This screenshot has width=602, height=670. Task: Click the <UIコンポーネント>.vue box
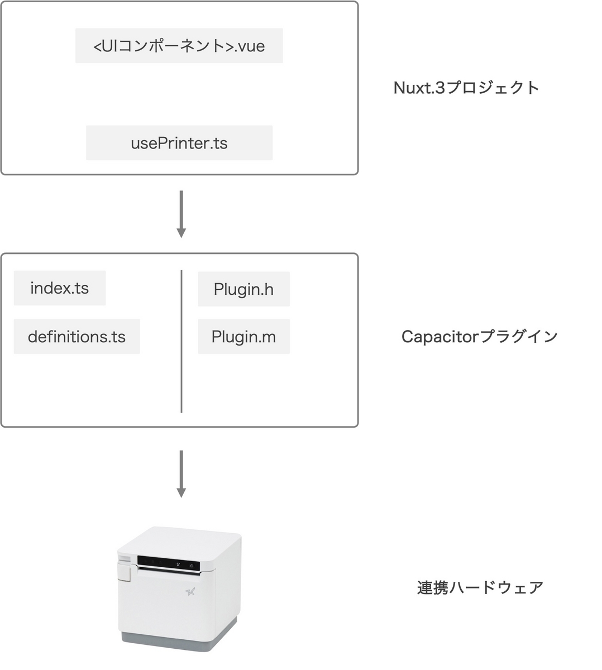click(x=179, y=46)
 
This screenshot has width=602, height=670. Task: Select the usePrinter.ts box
click(x=179, y=143)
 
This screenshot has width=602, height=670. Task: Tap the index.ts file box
click(x=59, y=288)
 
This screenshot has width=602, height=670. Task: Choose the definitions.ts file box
click(x=77, y=337)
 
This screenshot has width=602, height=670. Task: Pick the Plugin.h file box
click(x=243, y=289)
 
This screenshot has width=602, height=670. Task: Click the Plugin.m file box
click(x=243, y=337)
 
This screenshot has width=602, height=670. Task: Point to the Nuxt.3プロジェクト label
click(x=466, y=88)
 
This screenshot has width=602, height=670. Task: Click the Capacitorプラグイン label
click(x=479, y=336)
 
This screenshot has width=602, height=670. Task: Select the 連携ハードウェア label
click(x=480, y=587)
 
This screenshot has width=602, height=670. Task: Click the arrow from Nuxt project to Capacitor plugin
click(x=181, y=214)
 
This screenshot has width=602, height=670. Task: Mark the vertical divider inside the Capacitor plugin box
click(x=181, y=342)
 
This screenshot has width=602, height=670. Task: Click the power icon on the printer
click(x=192, y=566)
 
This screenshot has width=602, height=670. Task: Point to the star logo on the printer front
click(x=190, y=591)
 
